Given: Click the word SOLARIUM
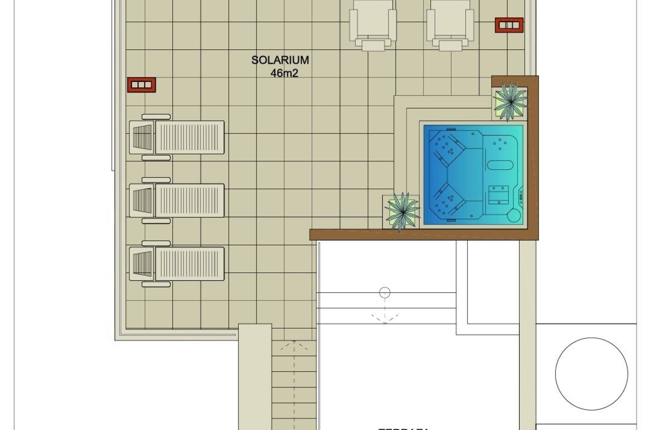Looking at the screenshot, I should click(280, 60).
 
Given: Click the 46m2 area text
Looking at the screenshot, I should click(284, 73).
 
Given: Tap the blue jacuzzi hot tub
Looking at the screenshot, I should click(473, 175).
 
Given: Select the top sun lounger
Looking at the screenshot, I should click(177, 137).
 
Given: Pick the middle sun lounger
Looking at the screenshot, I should click(177, 200).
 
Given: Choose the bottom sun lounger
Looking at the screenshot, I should click(177, 264).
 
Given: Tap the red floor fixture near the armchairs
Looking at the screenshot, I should click(509, 25).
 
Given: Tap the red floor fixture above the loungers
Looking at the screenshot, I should click(141, 85).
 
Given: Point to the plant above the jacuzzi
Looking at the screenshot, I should click(510, 101).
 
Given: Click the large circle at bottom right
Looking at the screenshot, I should click(591, 374).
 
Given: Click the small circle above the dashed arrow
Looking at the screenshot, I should click(385, 293).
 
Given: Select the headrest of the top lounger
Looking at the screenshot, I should click(142, 137).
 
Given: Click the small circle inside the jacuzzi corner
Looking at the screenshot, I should click(513, 215).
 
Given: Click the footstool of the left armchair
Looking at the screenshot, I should click(373, 44).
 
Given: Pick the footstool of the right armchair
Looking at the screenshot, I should click(450, 44).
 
